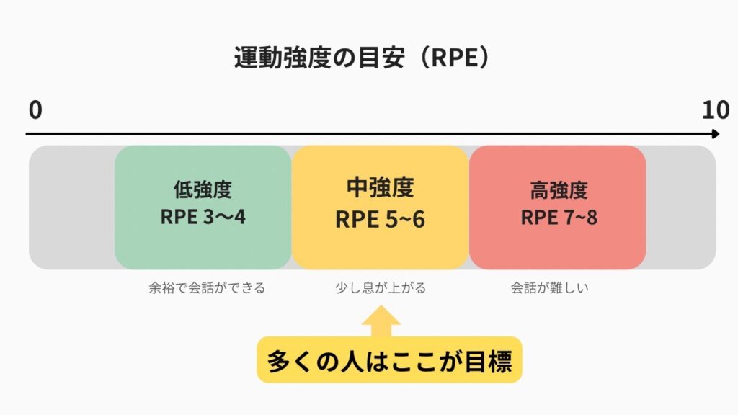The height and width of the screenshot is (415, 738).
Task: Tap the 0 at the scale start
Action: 35,110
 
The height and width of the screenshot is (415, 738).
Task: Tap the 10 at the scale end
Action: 716,110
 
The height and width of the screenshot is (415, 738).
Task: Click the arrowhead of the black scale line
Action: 715,134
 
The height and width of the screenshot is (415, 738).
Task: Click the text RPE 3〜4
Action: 203,216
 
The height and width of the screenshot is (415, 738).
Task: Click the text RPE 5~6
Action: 380,218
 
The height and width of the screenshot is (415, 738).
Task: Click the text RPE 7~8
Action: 559,217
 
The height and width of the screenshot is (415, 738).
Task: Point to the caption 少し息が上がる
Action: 380,288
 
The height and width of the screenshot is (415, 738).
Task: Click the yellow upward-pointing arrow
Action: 381,321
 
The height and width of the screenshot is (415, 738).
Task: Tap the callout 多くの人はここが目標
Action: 389,360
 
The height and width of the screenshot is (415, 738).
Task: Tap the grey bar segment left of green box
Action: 71,207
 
